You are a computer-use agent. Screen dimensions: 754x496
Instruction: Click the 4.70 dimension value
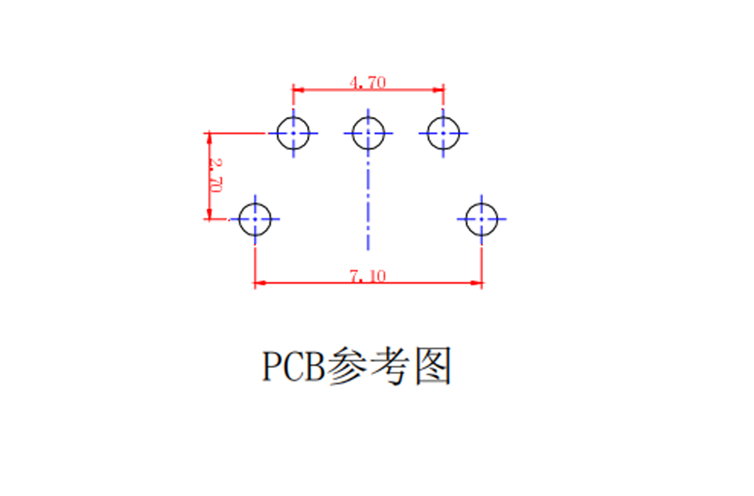[x=368, y=83]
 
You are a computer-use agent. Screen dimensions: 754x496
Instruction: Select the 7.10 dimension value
[x=368, y=276]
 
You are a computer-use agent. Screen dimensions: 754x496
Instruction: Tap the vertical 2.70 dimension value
[x=215, y=175]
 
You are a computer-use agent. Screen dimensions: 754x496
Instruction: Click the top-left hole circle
[x=277, y=134]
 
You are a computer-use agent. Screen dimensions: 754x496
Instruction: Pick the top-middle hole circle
[x=353, y=134]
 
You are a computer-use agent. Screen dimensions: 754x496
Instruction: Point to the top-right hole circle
[x=427, y=134]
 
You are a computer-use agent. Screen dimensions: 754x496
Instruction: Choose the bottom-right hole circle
[x=466, y=219]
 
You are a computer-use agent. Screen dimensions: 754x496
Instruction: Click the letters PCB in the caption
[x=293, y=366]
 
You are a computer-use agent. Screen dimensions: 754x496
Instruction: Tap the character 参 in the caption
[x=345, y=366]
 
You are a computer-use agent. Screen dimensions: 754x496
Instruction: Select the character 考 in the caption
[x=390, y=366]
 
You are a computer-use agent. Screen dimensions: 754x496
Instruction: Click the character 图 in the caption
[x=434, y=366]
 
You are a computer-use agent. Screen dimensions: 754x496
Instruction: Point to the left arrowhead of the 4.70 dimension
[x=298, y=90]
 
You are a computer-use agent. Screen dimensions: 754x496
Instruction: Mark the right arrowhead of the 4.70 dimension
[x=438, y=90]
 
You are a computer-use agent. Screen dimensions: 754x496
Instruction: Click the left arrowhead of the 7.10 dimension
[x=260, y=283]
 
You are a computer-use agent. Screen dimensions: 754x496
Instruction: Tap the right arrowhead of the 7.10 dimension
[x=476, y=283]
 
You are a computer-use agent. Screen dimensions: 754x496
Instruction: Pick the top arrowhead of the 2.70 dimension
[x=209, y=138]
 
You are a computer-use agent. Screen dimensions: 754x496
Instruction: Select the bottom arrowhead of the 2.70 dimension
[x=209, y=214]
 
